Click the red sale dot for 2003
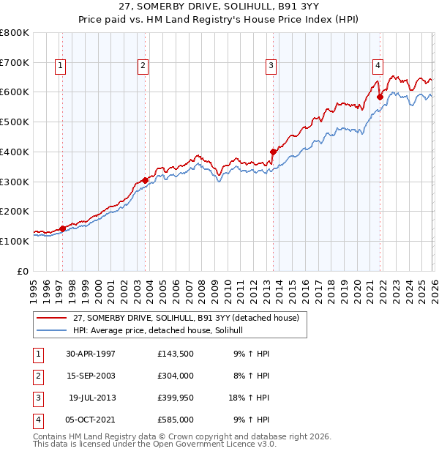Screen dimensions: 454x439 145,180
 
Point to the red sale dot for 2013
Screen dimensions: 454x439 273,152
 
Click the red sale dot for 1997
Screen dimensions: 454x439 63,228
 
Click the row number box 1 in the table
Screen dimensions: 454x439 36,354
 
